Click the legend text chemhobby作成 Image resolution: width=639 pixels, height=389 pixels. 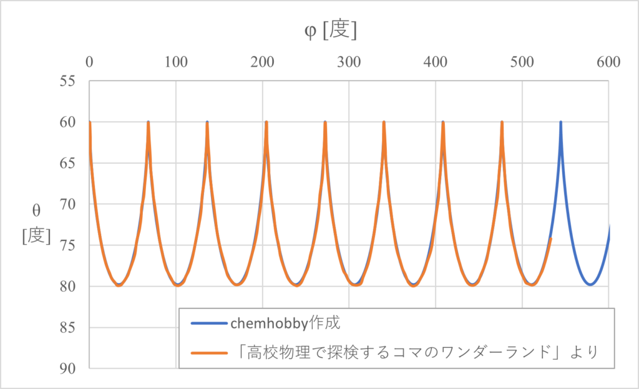pos(285,324)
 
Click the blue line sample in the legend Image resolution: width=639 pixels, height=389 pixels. pos(206,325)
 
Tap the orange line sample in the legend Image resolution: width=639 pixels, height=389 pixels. pos(206,353)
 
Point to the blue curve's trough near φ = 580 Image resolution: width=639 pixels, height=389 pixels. pos(590,285)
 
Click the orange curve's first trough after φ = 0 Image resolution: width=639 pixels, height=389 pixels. pos(119,285)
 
